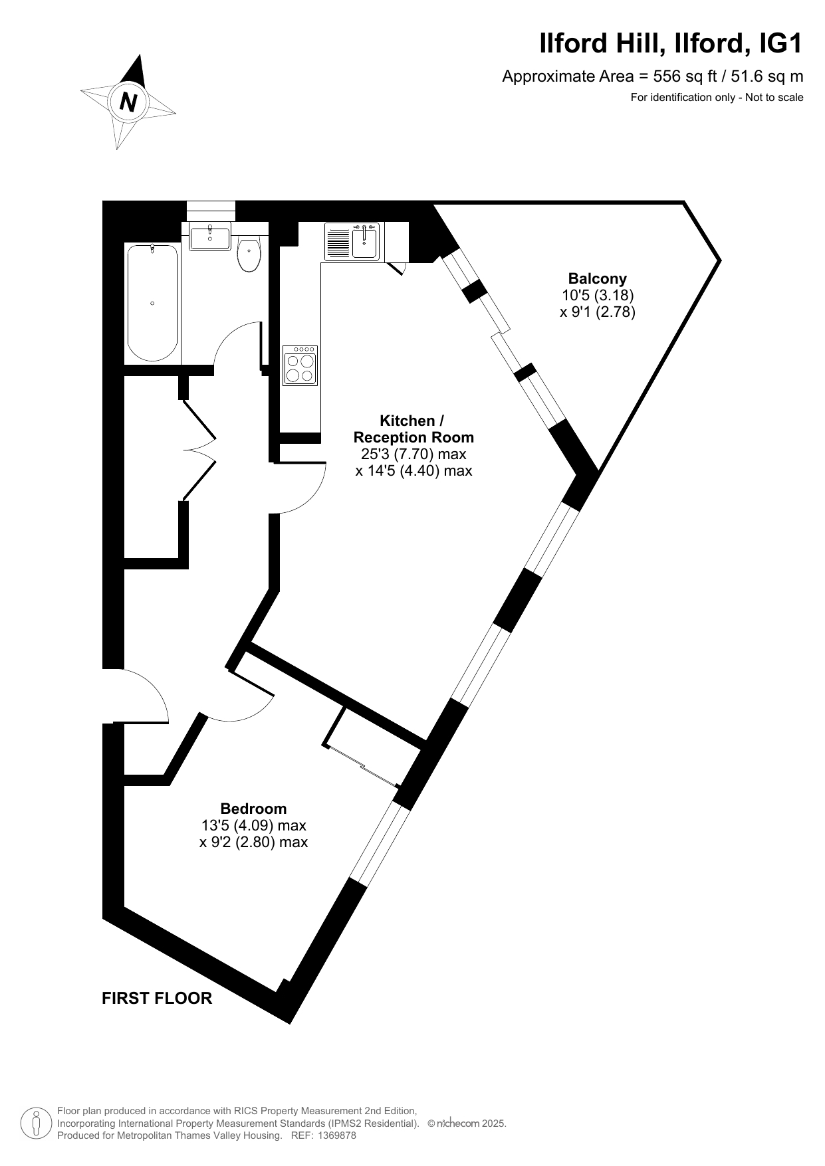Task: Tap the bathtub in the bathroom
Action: (x=152, y=303)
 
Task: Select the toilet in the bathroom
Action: (x=249, y=254)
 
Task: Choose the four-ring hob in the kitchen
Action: (x=300, y=365)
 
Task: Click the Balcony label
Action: (x=597, y=279)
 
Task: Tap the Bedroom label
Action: (x=254, y=809)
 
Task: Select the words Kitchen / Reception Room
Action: (x=413, y=429)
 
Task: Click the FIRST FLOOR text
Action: (x=157, y=998)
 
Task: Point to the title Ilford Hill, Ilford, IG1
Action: (x=671, y=44)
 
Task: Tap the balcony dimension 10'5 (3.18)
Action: (x=598, y=295)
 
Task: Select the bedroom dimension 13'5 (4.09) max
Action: (x=254, y=825)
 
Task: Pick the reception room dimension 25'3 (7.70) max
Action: (x=413, y=454)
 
